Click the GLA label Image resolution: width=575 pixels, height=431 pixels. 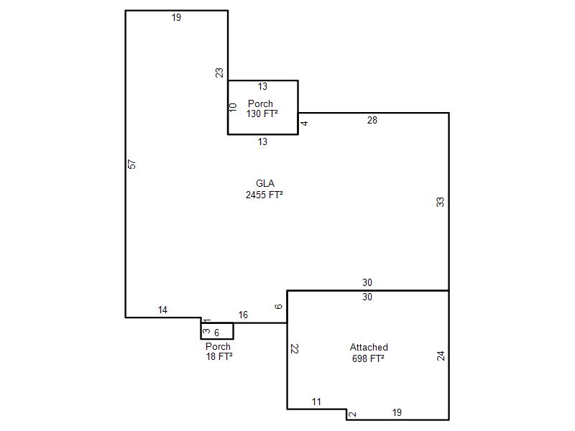[x=264, y=183]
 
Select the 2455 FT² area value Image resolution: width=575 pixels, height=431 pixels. [x=264, y=195]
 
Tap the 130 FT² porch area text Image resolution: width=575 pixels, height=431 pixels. [x=262, y=113]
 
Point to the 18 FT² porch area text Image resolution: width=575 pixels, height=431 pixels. [x=219, y=356]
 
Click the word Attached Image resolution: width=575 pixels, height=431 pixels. [x=369, y=347]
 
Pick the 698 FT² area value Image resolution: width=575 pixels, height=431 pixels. [x=368, y=358]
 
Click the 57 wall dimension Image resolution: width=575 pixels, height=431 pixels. [x=132, y=164]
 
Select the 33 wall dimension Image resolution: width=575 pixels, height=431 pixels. [x=440, y=202]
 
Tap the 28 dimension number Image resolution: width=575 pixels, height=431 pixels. [x=372, y=120]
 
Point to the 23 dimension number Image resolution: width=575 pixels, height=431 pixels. [x=219, y=73]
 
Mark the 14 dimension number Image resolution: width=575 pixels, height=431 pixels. [x=162, y=310]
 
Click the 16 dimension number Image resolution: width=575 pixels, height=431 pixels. [x=243, y=315]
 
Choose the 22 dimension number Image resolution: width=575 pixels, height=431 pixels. [x=295, y=348]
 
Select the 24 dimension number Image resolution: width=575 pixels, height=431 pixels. [x=441, y=356]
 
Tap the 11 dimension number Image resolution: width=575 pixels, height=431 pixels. [x=316, y=402]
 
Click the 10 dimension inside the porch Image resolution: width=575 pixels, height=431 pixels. [x=233, y=108]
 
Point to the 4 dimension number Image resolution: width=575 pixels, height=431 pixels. [x=304, y=124]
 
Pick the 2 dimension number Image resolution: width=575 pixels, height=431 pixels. [x=352, y=414]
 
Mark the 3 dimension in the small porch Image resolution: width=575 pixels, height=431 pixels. [x=206, y=331]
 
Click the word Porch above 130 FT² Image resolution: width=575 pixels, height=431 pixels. [x=260, y=103]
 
